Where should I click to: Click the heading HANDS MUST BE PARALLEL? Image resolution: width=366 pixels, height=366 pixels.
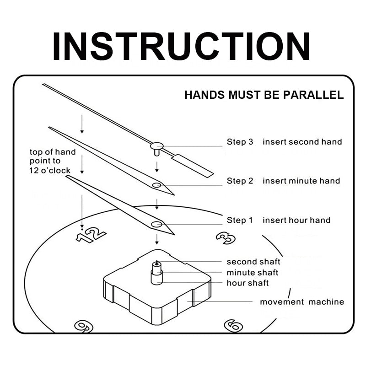point(264,95)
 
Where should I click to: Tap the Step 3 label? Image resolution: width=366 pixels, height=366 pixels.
point(240,142)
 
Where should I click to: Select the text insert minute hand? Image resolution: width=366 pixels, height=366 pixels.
point(301,181)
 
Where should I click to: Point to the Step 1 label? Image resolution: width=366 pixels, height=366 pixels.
point(240,220)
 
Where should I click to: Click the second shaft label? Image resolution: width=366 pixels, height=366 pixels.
point(253,262)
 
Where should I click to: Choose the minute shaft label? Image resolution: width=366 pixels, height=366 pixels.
point(253,273)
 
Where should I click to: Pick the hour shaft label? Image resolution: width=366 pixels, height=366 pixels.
point(248,283)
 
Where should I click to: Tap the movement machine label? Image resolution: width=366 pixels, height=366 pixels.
point(302,302)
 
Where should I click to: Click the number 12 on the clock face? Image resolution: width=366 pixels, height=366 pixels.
point(91,235)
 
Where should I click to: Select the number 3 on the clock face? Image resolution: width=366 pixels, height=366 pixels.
point(225,237)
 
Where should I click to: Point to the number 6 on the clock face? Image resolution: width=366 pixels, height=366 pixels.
point(233,325)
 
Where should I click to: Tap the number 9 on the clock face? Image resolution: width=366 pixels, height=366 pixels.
point(84,326)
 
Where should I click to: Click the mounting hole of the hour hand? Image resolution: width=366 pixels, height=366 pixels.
point(156,224)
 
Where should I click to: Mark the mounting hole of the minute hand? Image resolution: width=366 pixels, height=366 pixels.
point(156,185)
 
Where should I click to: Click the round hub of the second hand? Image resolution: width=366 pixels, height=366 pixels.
point(156,146)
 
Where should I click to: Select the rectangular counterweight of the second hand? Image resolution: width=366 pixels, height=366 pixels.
point(193,165)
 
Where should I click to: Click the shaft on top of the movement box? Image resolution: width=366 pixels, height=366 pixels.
point(157,272)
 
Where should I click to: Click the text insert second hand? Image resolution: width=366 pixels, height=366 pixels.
point(302,142)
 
